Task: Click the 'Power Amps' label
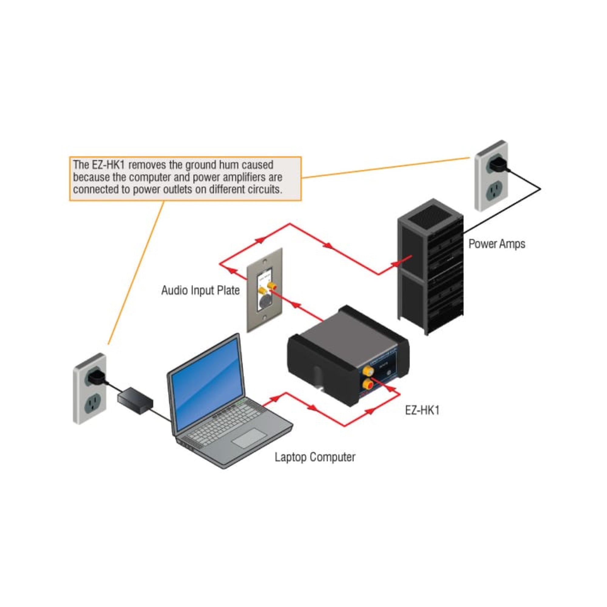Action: [497, 244]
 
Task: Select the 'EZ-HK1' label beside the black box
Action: [422, 410]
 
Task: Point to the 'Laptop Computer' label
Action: [315, 457]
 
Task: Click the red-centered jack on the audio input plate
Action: [271, 286]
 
